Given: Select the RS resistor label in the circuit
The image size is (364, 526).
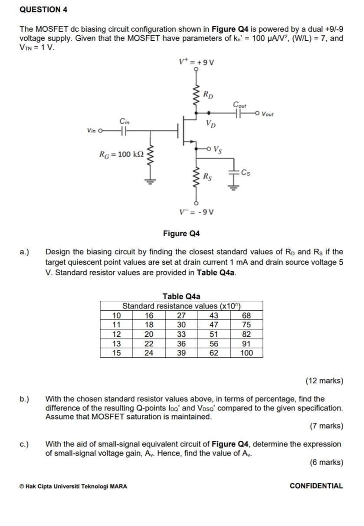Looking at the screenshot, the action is (208, 177).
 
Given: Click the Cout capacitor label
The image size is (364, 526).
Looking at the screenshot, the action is (239, 105).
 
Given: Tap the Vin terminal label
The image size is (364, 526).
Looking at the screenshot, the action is (91, 130).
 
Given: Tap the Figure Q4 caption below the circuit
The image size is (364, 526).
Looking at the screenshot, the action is (181, 234).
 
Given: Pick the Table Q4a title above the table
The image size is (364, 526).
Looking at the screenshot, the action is (181, 296).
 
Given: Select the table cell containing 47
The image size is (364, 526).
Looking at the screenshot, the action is (213, 325).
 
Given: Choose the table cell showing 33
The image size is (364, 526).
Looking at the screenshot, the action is (181, 334).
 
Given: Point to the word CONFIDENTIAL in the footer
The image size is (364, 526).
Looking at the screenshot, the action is (316, 486).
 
